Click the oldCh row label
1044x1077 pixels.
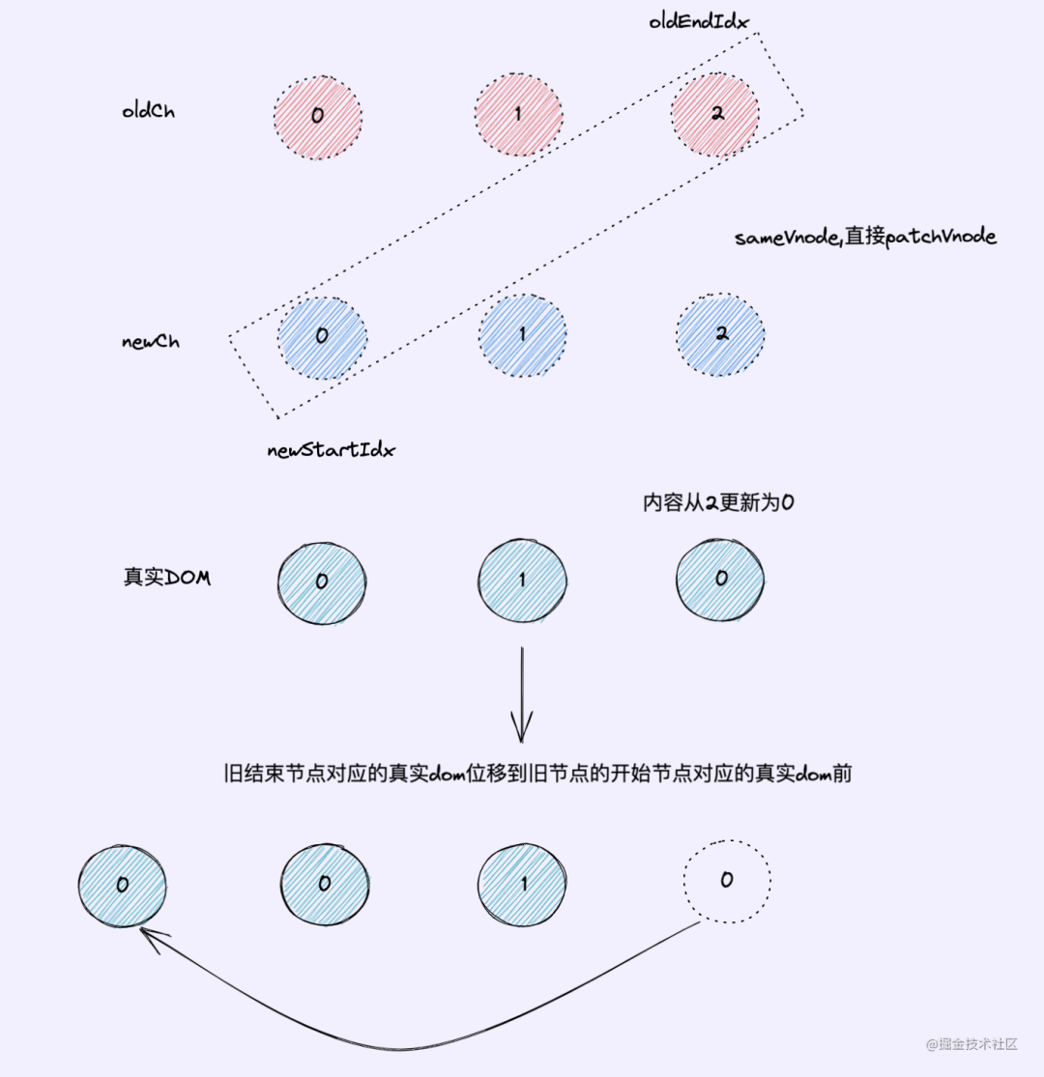click(x=149, y=110)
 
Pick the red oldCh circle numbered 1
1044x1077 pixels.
click(x=518, y=115)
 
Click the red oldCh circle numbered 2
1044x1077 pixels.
click(x=715, y=114)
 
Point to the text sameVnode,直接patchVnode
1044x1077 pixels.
click(x=865, y=237)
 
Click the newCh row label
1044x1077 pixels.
click(x=150, y=341)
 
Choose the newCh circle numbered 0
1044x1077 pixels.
click(x=322, y=335)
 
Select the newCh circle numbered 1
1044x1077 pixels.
click(x=522, y=335)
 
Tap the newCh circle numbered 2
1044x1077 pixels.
click(x=720, y=335)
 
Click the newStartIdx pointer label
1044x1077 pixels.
click(x=331, y=450)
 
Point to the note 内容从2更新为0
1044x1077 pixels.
click(x=718, y=502)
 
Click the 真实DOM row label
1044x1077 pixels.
click(x=166, y=578)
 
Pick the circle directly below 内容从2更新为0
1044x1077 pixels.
click(x=720, y=579)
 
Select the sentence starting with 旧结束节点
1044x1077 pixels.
click(x=536, y=774)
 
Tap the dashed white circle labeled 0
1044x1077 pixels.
click(x=727, y=880)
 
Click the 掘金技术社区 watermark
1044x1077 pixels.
click(x=971, y=1044)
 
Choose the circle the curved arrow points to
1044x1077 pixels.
click(x=122, y=885)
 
